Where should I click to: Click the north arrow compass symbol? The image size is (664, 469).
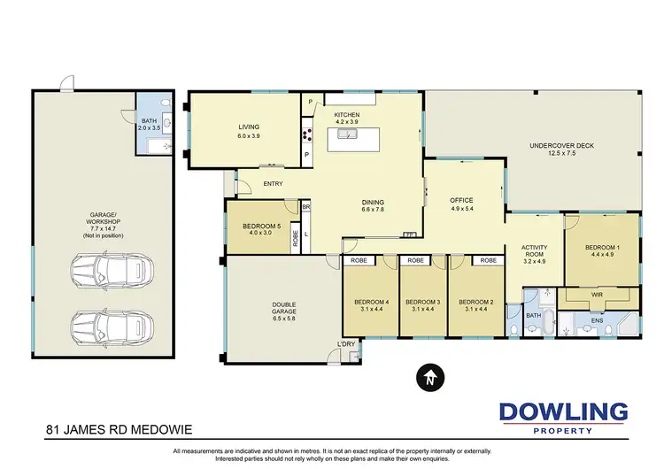(x=428, y=378)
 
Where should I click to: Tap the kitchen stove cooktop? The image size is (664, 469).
(x=309, y=135)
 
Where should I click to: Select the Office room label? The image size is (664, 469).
(x=461, y=201)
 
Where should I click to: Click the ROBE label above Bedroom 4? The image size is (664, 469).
(x=359, y=262)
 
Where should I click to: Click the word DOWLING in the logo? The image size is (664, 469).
(x=563, y=412)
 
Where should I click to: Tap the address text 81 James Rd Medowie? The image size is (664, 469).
(x=119, y=431)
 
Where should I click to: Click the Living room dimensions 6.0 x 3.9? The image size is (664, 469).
(x=249, y=136)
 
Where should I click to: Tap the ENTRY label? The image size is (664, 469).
(x=274, y=184)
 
